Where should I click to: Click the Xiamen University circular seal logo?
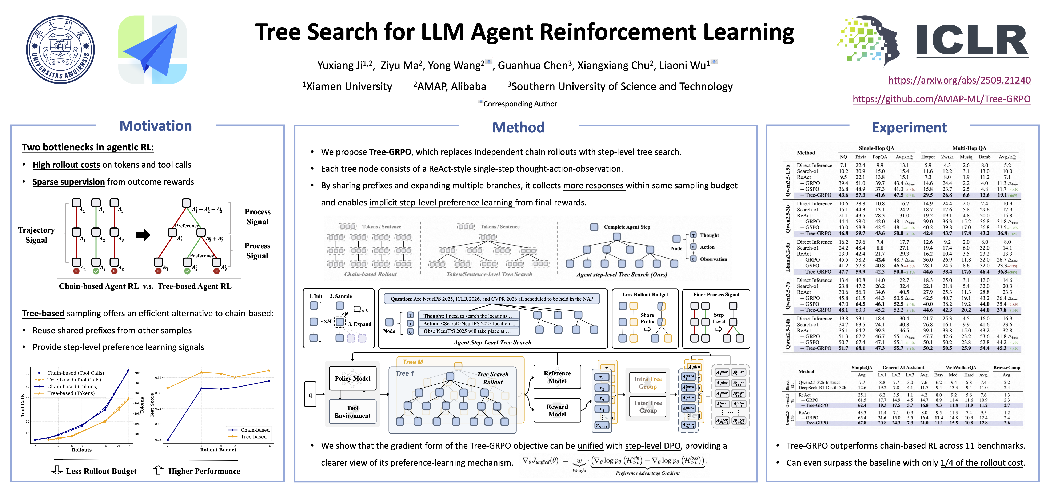60,50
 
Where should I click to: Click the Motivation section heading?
156,126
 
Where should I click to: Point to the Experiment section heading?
909,128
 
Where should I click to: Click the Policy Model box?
353,379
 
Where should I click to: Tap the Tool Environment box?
353,411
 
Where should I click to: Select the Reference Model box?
557,377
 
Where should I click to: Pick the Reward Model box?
557,410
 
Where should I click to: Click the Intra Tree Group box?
648,383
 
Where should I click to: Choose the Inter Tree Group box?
648,407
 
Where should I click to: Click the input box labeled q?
310,394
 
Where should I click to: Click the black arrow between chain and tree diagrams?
143,235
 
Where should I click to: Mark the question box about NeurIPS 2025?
492,299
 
